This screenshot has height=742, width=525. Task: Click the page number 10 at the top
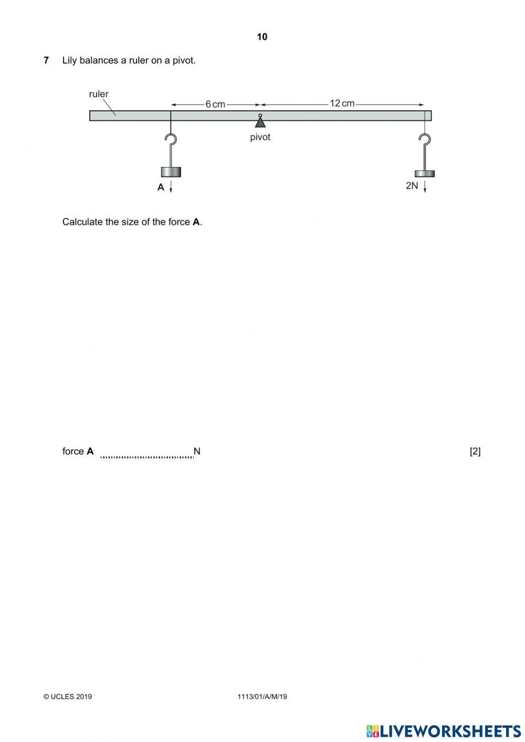pos(262,37)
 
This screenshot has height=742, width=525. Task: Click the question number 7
pos(46,60)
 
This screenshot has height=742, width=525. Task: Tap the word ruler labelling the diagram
pos(99,95)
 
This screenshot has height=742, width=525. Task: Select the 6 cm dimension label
pos(215,104)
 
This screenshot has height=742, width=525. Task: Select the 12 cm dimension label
pos(342,103)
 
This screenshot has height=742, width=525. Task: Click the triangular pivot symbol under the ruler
pos(260,122)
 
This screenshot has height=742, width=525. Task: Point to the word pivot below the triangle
pos(260,137)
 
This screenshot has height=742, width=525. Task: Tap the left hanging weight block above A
pos(171,172)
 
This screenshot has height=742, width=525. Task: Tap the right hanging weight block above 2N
pos(425,173)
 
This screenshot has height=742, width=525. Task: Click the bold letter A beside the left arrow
pos(161,187)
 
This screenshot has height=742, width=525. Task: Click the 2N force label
pos(412,186)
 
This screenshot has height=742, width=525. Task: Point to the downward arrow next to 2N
pos(425,186)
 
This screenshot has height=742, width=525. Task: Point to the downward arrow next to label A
pos(171,187)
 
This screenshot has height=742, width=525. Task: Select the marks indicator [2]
pos(475,452)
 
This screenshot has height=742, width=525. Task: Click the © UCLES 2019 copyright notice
pos(68,697)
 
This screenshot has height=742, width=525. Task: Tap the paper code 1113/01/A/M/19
pos(262,697)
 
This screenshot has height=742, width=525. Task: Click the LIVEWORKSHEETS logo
pos(444,731)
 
